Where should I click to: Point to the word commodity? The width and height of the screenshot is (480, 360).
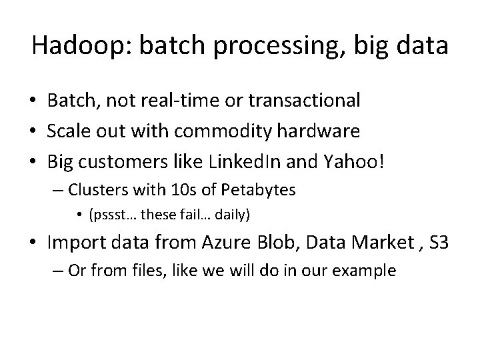pyautogui.click(x=231, y=131)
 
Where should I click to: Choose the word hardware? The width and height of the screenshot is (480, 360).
pyautogui.click(x=322, y=131)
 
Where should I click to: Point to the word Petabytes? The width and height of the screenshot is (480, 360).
pyautogui.click(x=259, y=191)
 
